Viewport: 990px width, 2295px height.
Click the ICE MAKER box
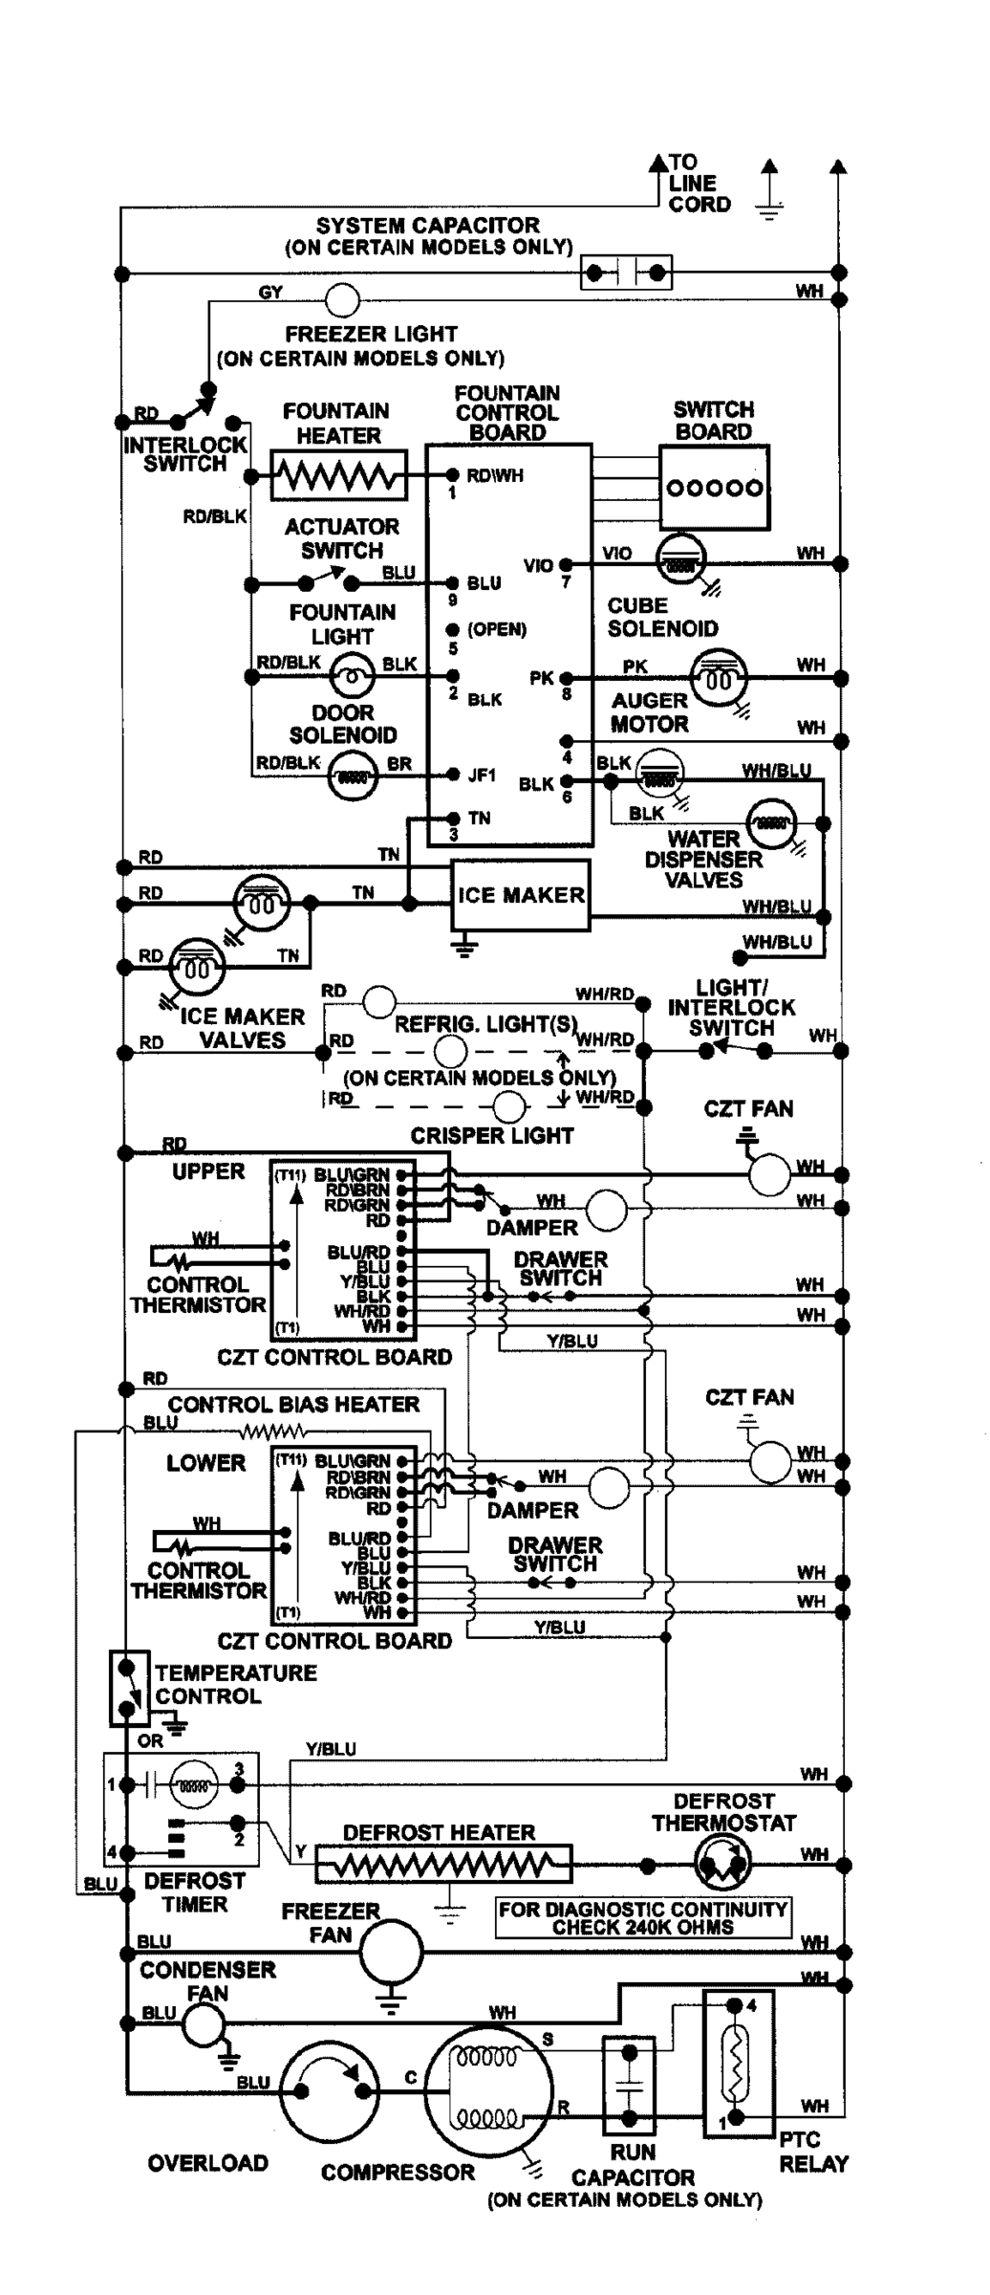click(521, 895)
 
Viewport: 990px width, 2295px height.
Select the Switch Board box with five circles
click(714, 488)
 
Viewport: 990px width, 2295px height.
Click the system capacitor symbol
click(626, 273)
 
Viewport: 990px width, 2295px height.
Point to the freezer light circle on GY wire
click(342, 300)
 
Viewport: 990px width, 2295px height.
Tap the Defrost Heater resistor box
click(444, 1864)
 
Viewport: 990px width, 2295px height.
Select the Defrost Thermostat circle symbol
click(721, 1864)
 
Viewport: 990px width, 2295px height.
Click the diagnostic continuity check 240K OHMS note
click(643, 1917)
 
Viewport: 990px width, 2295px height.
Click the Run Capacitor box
click(629, 2084)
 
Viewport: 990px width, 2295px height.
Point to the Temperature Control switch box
click(129, 1687)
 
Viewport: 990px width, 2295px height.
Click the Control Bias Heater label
click(293, 1405)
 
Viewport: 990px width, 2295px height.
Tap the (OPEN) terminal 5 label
click(496, 630)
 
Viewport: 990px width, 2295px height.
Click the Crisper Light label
click(492, 1136)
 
